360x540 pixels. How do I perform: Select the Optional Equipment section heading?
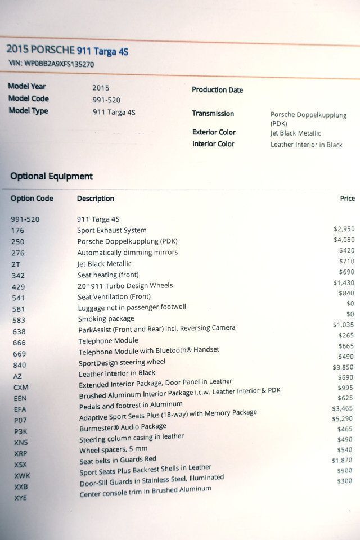[x=51, y=176]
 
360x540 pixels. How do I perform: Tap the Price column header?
[x=347, y=198]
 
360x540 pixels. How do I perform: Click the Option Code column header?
[x=31, y=199]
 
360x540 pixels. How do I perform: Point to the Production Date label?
[x=217, y=90]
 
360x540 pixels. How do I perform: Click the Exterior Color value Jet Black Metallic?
[x=295, y=133]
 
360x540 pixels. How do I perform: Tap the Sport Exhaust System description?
[x=111, y=230]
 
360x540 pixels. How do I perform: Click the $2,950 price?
[x=344, y=229]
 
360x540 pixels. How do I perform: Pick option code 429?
[x=18, y=287]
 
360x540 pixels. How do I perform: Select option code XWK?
[x=22, y=475]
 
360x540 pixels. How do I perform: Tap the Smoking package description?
[x=106, y=318]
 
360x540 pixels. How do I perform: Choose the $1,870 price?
[x=341, y=461]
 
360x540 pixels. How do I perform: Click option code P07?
[x=20, y=420]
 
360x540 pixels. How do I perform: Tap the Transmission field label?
[x=213, y=114]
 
